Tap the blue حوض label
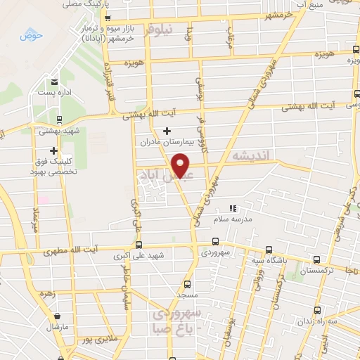pyautogui.click(x=31, y=34)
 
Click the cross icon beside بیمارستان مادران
pyautogui.click(x=167, y=131)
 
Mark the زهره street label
pyautogui.click(x=49, y=293)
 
